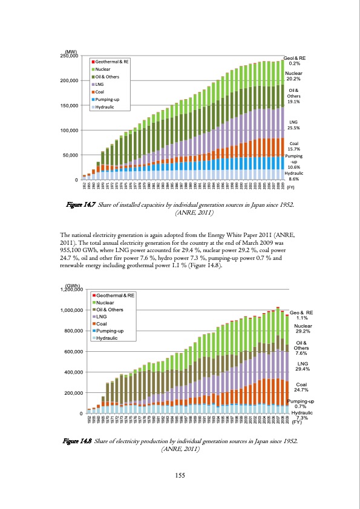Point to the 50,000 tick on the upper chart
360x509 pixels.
click(70, 155)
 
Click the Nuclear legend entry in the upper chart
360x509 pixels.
click(103, 70)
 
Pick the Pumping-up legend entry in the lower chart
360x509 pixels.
click(110, 331)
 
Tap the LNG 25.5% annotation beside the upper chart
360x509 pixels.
click(294, 125)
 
